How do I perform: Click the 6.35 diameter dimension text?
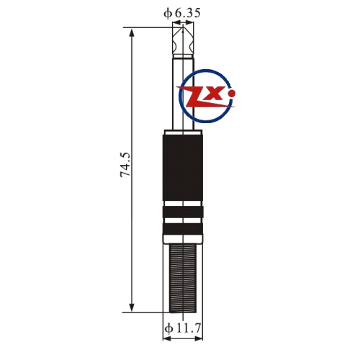click(x=187, y=13)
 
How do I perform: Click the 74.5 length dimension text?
click(x=125, y=165)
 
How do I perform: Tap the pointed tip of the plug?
click(x=183, y=28)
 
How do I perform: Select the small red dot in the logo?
click(x=232, y=94)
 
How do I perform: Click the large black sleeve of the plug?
click(x=183, y=168)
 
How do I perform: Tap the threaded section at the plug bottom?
click(x=183, y=278)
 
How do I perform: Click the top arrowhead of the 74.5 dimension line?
click(x=132, y=32)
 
